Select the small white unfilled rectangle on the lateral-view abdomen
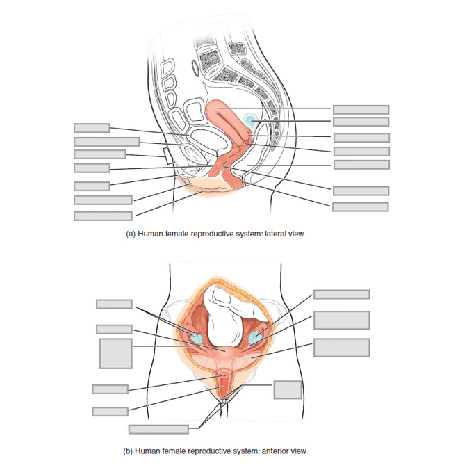point(167,154)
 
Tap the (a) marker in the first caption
point(130,234)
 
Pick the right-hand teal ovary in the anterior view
point(255,337)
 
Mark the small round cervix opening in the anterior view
point(224,380)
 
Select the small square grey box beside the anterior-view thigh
point(287,389)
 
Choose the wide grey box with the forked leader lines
point(158,429)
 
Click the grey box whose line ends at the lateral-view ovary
point(361,122)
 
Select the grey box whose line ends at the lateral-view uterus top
point(361,109)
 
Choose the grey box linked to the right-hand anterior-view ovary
point(341,294)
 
